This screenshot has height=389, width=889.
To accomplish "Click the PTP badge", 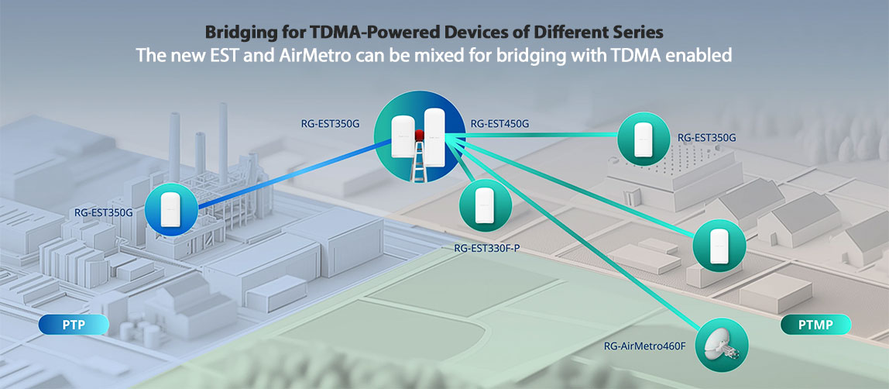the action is (74, 325).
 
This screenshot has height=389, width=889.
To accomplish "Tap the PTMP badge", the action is (816, 325).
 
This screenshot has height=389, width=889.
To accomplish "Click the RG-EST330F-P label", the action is (487, 248).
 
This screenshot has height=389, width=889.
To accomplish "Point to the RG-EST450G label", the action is (496, 123).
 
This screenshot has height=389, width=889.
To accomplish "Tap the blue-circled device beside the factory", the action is (171, 210).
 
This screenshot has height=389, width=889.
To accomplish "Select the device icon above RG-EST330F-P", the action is (486, 205).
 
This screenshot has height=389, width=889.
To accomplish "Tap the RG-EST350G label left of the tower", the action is (329, 123).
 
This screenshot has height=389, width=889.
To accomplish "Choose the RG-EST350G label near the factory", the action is (103, 213).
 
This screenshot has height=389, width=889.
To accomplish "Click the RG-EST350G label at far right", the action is (707, 138).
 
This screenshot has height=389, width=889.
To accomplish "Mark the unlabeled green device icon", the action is (719, 246).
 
